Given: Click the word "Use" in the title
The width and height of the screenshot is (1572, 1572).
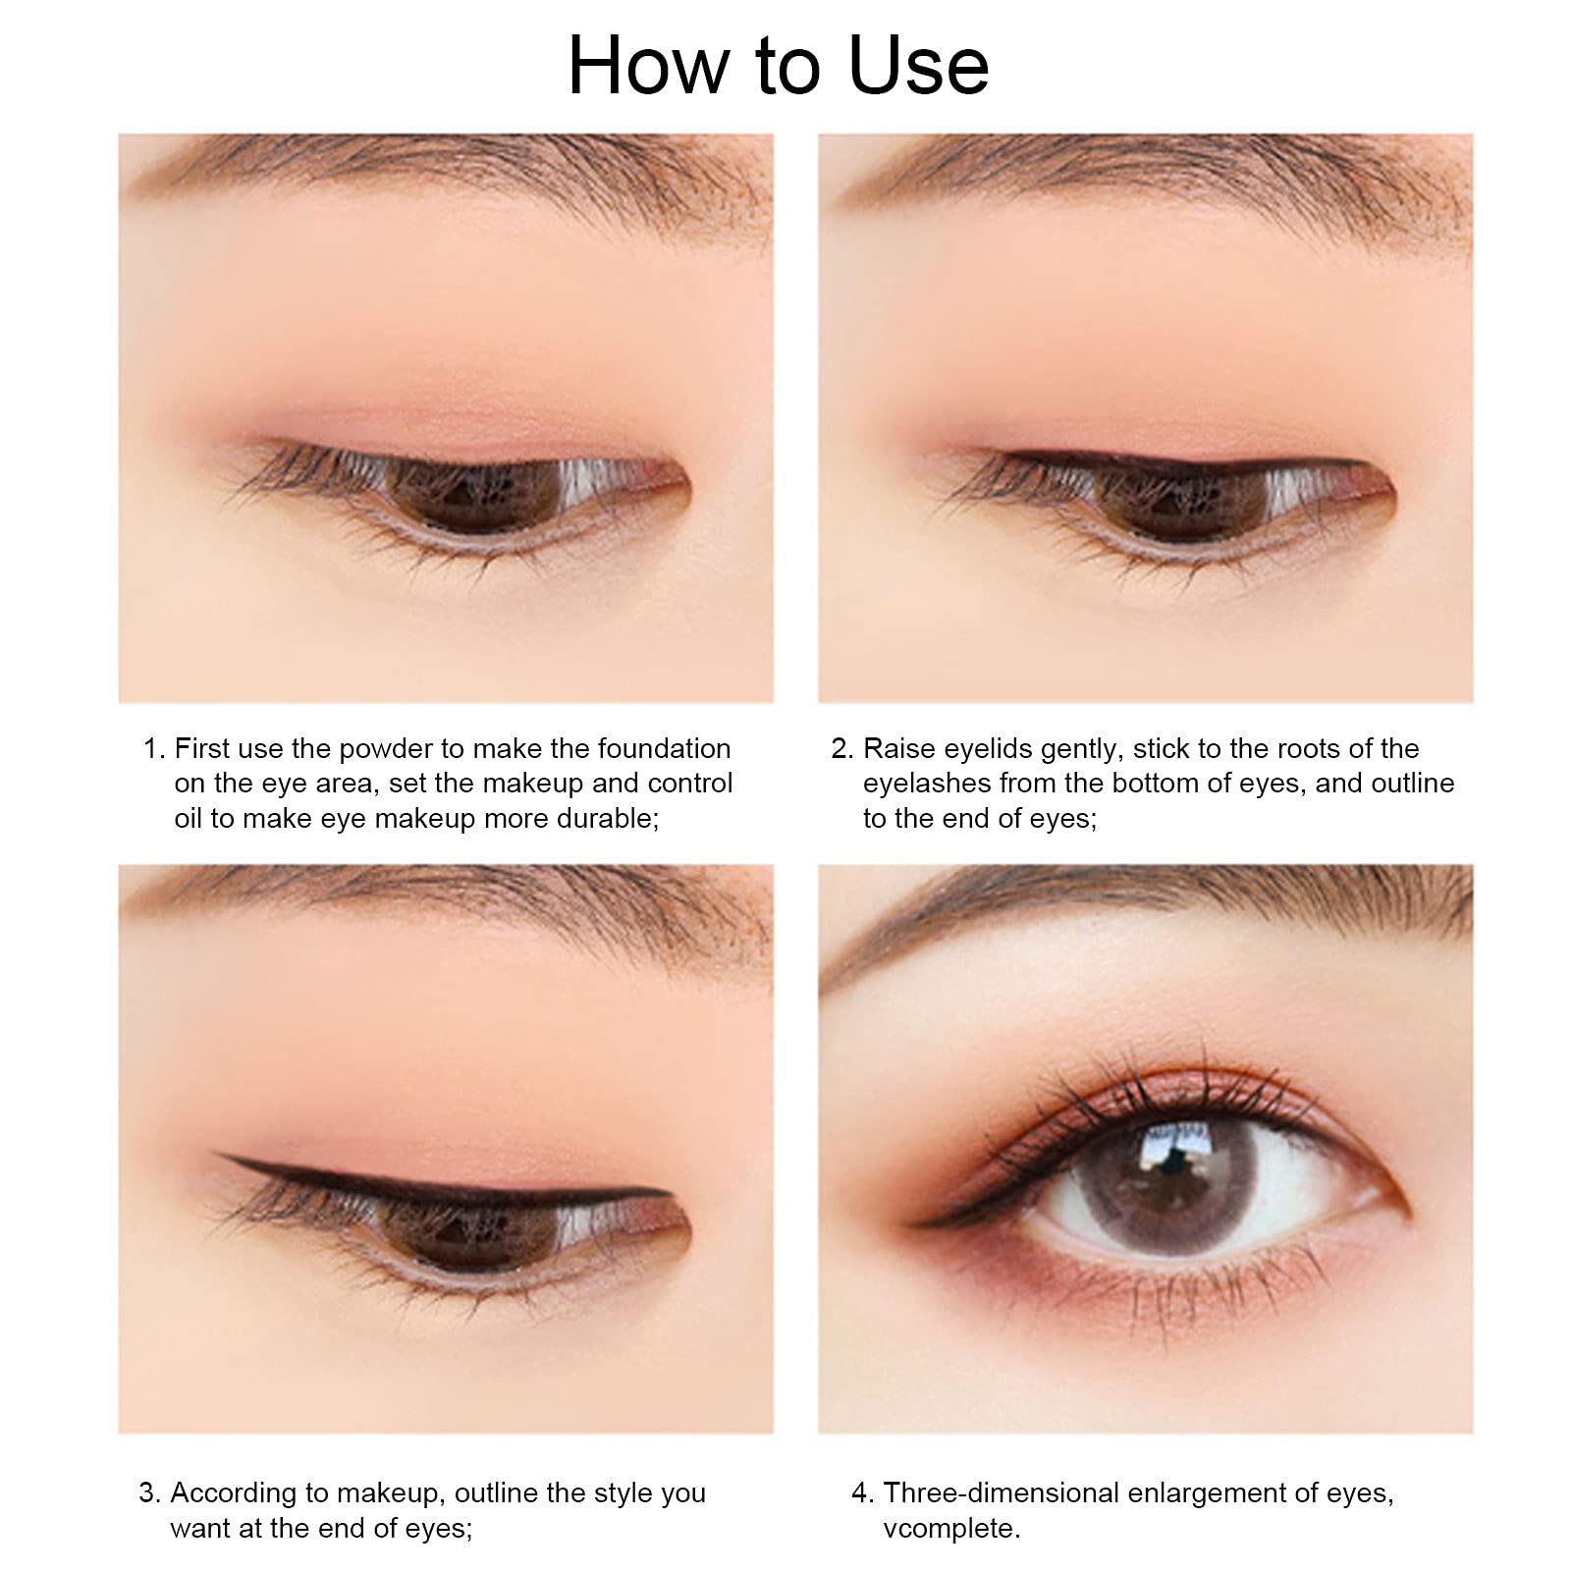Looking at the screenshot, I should click(918, 66).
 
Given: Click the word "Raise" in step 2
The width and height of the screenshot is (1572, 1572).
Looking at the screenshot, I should click(899, 749).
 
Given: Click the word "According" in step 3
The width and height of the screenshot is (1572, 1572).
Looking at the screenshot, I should click(234, 1493).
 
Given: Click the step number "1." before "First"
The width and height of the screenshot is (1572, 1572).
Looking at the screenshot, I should click(154, 749).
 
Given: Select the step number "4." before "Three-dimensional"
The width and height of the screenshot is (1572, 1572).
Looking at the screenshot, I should click(863, 1493).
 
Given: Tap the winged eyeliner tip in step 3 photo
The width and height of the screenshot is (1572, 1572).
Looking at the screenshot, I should click(218, 1156).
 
